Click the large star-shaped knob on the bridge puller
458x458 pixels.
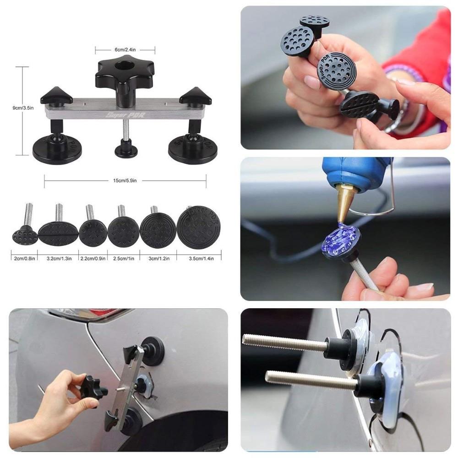tap(125, 76)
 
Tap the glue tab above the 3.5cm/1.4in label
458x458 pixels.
tap(198, 227)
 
